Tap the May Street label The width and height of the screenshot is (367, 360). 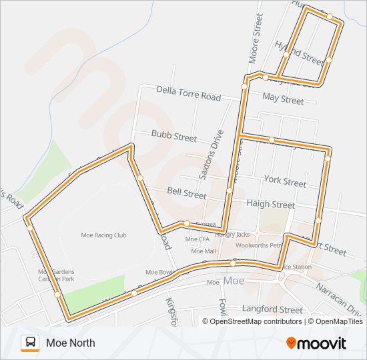(283, 99)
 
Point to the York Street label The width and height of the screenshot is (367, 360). (285, 181)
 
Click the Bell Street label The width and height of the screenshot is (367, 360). (186, 193)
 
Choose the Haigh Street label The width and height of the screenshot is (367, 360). (270, 204)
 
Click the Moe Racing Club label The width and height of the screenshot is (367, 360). (103, 235)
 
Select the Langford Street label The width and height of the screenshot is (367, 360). (272, 309)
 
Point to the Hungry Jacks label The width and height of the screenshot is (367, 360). (232, 235)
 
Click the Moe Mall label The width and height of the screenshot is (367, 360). (204, 251)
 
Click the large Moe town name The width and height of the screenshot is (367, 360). (234, 281)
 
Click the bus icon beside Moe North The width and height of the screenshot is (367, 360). (30, 343)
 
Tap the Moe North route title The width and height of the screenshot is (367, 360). (71, 343)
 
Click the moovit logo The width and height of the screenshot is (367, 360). (316, 343)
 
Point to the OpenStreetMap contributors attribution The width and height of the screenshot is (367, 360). (256, 321)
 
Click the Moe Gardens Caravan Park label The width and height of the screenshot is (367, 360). (56, 276)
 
